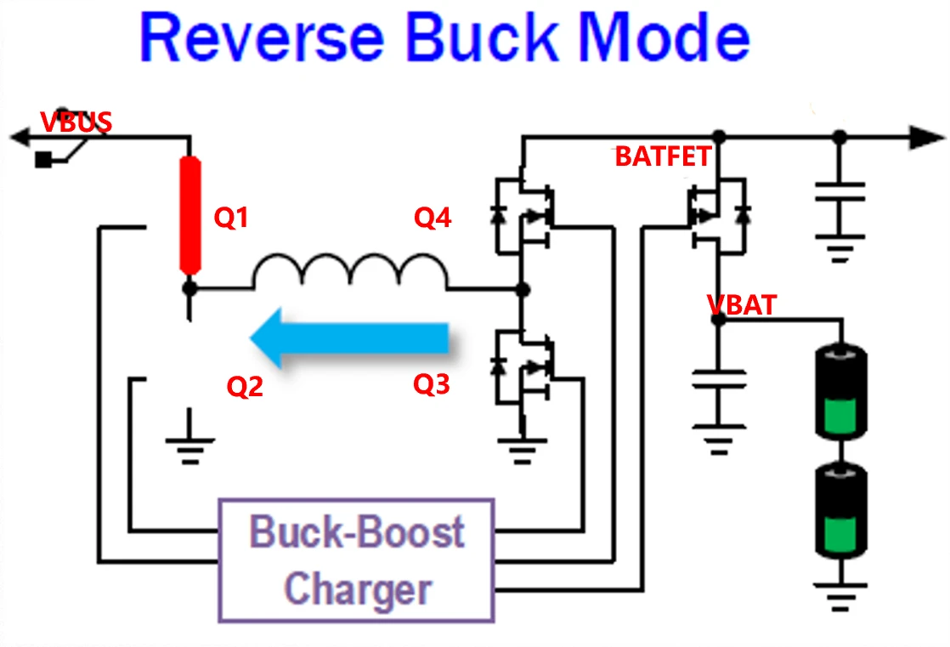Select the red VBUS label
76,122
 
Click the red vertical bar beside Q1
189,214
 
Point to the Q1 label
230,219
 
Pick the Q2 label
245,387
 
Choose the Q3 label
431,384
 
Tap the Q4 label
432,219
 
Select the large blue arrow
349,338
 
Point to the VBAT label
742,304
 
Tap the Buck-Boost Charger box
357,559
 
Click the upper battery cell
841,387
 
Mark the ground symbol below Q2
189,442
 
